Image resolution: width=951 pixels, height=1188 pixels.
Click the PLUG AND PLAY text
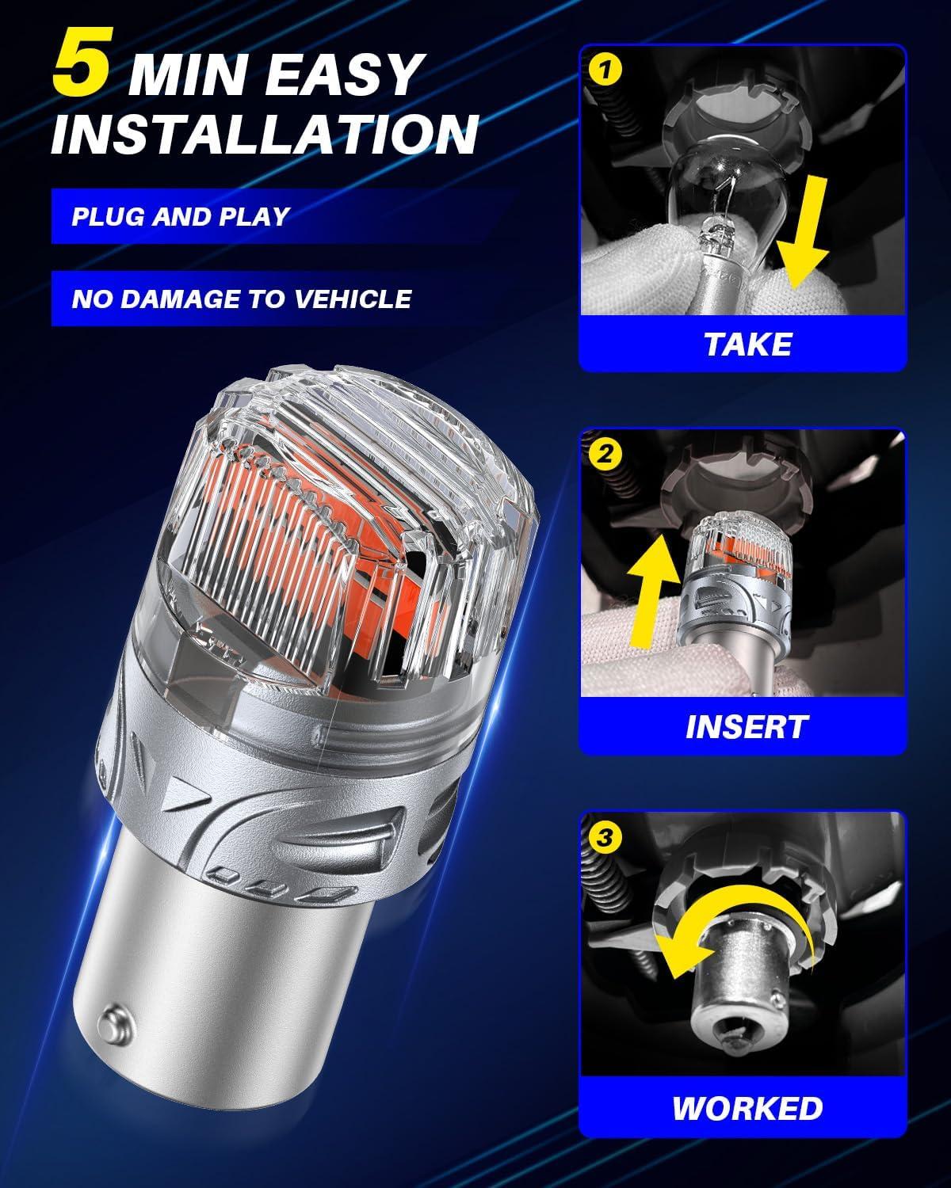[181, 216]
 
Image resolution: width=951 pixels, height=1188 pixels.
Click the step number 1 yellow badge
[605, 70]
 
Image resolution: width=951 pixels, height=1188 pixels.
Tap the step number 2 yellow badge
[605, 454]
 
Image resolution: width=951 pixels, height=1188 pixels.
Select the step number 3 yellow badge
[605, 836]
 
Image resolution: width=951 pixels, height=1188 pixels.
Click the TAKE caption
[747, 344]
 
